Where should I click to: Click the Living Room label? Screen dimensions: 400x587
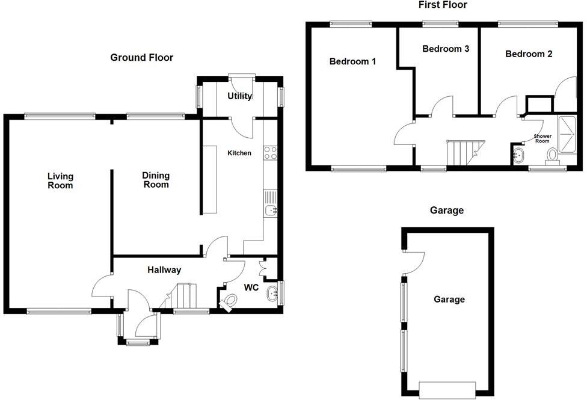pyautogui.click(x=61, y=180)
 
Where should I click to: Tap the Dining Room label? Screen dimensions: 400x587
pyautogui.click(x=156, y=180)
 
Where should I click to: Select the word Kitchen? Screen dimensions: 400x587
pyautogui.click(x=239, y=153)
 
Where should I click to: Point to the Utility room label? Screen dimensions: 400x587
pyautogui.click(x=239, y=96)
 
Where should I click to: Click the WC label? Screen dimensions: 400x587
pyautogui.click(x=251, y=288)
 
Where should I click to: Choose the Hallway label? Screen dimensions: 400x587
pyautogui.click(x=164, y=270)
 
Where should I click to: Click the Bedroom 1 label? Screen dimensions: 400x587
pyautogui.click(x=353, y=61)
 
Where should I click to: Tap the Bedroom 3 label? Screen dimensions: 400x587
pyautogui.click(x=446, y=49)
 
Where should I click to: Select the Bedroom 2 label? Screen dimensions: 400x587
pyautogui.click(x=529, y=54)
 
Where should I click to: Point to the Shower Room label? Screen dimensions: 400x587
pyautogui.click(x=542, y=139)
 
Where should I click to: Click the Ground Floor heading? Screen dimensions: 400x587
pyautogui.click(x=142, y=58)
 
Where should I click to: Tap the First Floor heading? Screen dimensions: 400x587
pyautogui.click(x=443, y=5)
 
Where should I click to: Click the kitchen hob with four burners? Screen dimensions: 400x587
pyautogui.click(x=270, y=153)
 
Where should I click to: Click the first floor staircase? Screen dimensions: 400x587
pyautogui.click(x=464, y=152)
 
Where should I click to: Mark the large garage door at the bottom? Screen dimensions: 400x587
pyautogui.click(x=447, y=390)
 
